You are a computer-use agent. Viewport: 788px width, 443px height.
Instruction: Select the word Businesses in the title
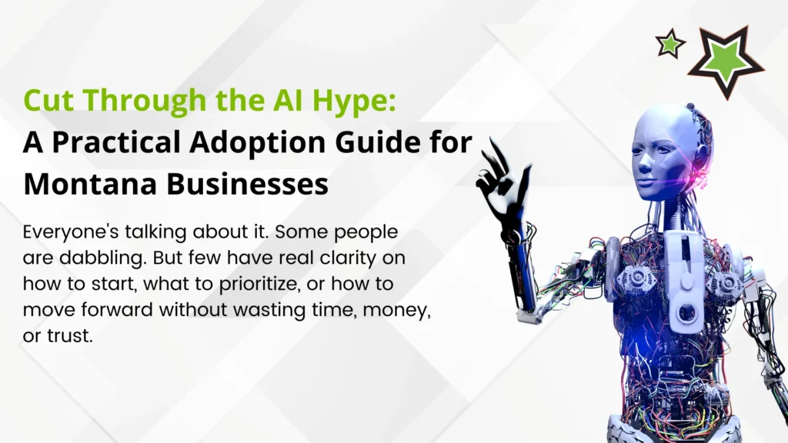tap(247, 184)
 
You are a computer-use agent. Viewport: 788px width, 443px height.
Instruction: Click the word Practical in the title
tap(116, 142)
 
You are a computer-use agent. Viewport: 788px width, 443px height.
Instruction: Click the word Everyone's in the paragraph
tap(71, 232)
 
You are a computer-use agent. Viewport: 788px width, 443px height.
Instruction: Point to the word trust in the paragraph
tap(70, 335)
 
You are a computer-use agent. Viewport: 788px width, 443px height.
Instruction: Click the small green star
tap(670, 44)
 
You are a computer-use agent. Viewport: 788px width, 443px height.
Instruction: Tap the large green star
tap(726, 61)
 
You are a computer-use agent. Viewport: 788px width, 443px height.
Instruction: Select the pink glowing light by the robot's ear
tap(700, 167)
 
